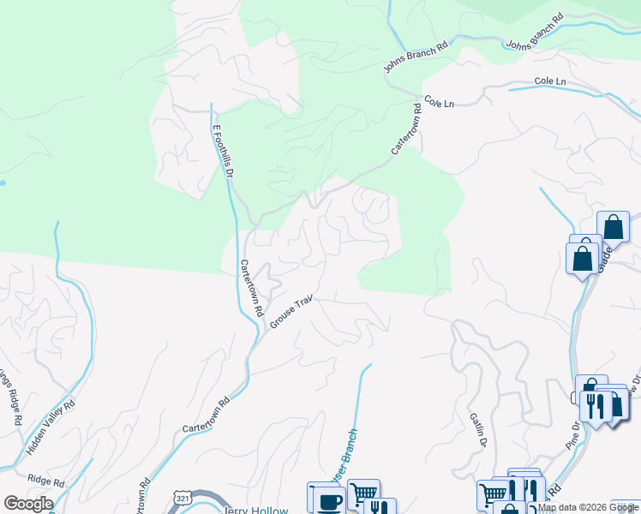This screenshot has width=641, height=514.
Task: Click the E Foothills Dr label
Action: coord(223,151)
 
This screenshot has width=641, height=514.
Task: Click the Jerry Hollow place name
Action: coord(254,508)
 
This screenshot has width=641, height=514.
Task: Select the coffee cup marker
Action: coord(326,499)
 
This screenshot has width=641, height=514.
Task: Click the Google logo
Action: coord(28,504)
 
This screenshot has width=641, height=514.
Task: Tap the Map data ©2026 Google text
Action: coord(588,507)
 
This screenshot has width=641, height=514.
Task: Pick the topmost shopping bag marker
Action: coord(613,228)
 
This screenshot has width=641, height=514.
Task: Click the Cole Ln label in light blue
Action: coord(550,81)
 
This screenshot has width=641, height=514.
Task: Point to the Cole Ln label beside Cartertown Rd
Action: coord(438,103)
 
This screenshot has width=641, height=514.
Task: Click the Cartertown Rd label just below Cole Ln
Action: coord(406,129)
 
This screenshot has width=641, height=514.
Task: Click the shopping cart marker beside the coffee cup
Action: coord(363,493)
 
